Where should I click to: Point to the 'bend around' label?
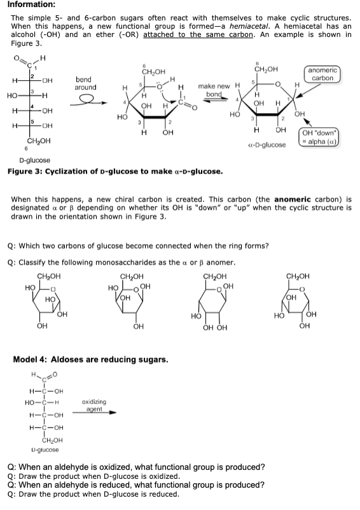point(86,83)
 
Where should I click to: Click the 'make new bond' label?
point(214,89)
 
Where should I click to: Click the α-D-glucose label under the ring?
point(265,145)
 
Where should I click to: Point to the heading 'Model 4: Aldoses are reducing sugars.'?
point(90,359)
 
